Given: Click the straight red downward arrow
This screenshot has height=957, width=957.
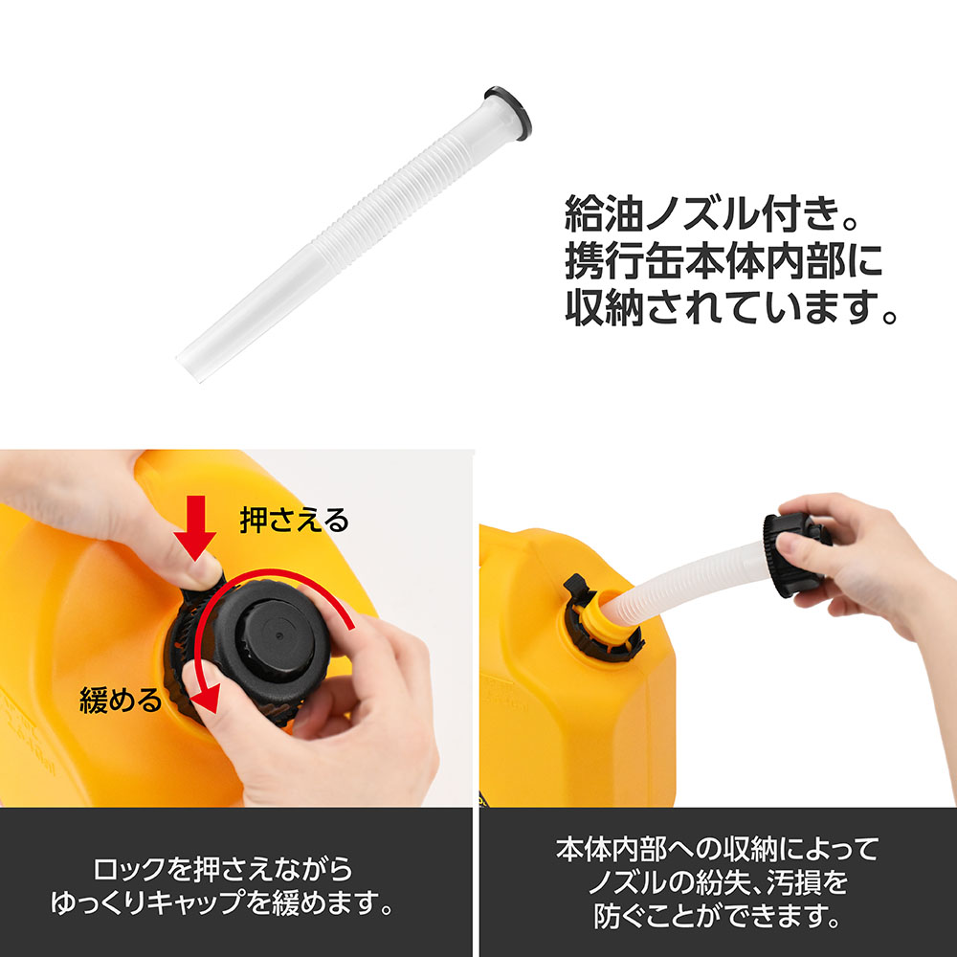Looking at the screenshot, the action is tap(195, 527).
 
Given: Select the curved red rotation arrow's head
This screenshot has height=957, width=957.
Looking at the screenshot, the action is tap(206, 696).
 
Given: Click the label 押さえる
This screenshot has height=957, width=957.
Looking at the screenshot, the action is tap(294, 521).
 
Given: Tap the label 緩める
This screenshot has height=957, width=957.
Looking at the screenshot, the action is tap(121, 701).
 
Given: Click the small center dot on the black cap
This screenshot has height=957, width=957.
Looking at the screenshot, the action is tap(278, 636).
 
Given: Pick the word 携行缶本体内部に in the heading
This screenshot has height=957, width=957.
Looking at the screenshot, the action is tap(723, 260).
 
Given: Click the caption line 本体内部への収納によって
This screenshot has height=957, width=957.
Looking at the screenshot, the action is tap(717, 849).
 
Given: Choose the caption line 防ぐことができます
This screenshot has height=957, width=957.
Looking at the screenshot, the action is tap(718, 916).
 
